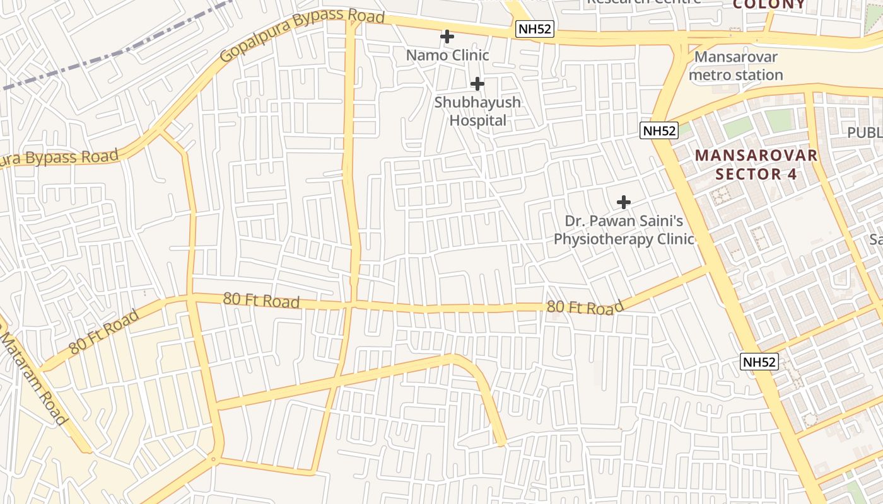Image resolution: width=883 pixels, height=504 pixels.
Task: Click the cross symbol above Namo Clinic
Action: tap(447, 37)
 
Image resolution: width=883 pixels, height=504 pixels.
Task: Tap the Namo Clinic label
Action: tap(447, 55)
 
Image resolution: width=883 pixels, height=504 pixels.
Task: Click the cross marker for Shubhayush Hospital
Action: tap(477, 83)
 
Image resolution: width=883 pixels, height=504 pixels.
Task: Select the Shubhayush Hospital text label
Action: tap(477, 111)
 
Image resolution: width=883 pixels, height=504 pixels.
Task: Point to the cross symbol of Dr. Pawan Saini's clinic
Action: tap(623, 202)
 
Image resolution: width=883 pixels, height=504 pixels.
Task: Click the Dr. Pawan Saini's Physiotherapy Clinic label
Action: tap(623, 230)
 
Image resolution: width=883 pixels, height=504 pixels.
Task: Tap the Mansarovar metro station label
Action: tap(735, 66)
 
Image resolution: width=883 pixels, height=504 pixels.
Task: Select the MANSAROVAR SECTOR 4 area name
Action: tap(756, 164)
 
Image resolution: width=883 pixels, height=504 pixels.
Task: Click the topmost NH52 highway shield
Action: tap(534, 28)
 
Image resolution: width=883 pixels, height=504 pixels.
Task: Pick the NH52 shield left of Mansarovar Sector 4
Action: tap(658, 131)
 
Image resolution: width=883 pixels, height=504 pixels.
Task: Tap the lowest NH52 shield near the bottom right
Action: tap(759, 362)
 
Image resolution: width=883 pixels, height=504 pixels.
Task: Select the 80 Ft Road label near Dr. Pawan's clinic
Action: tap(585, 307)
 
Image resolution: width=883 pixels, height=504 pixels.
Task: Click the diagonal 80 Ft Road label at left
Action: tap(103, 331)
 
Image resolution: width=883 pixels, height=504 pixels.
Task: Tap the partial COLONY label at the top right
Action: tap(769, 4)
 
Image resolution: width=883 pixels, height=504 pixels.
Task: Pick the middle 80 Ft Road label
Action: tap(261, 301)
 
